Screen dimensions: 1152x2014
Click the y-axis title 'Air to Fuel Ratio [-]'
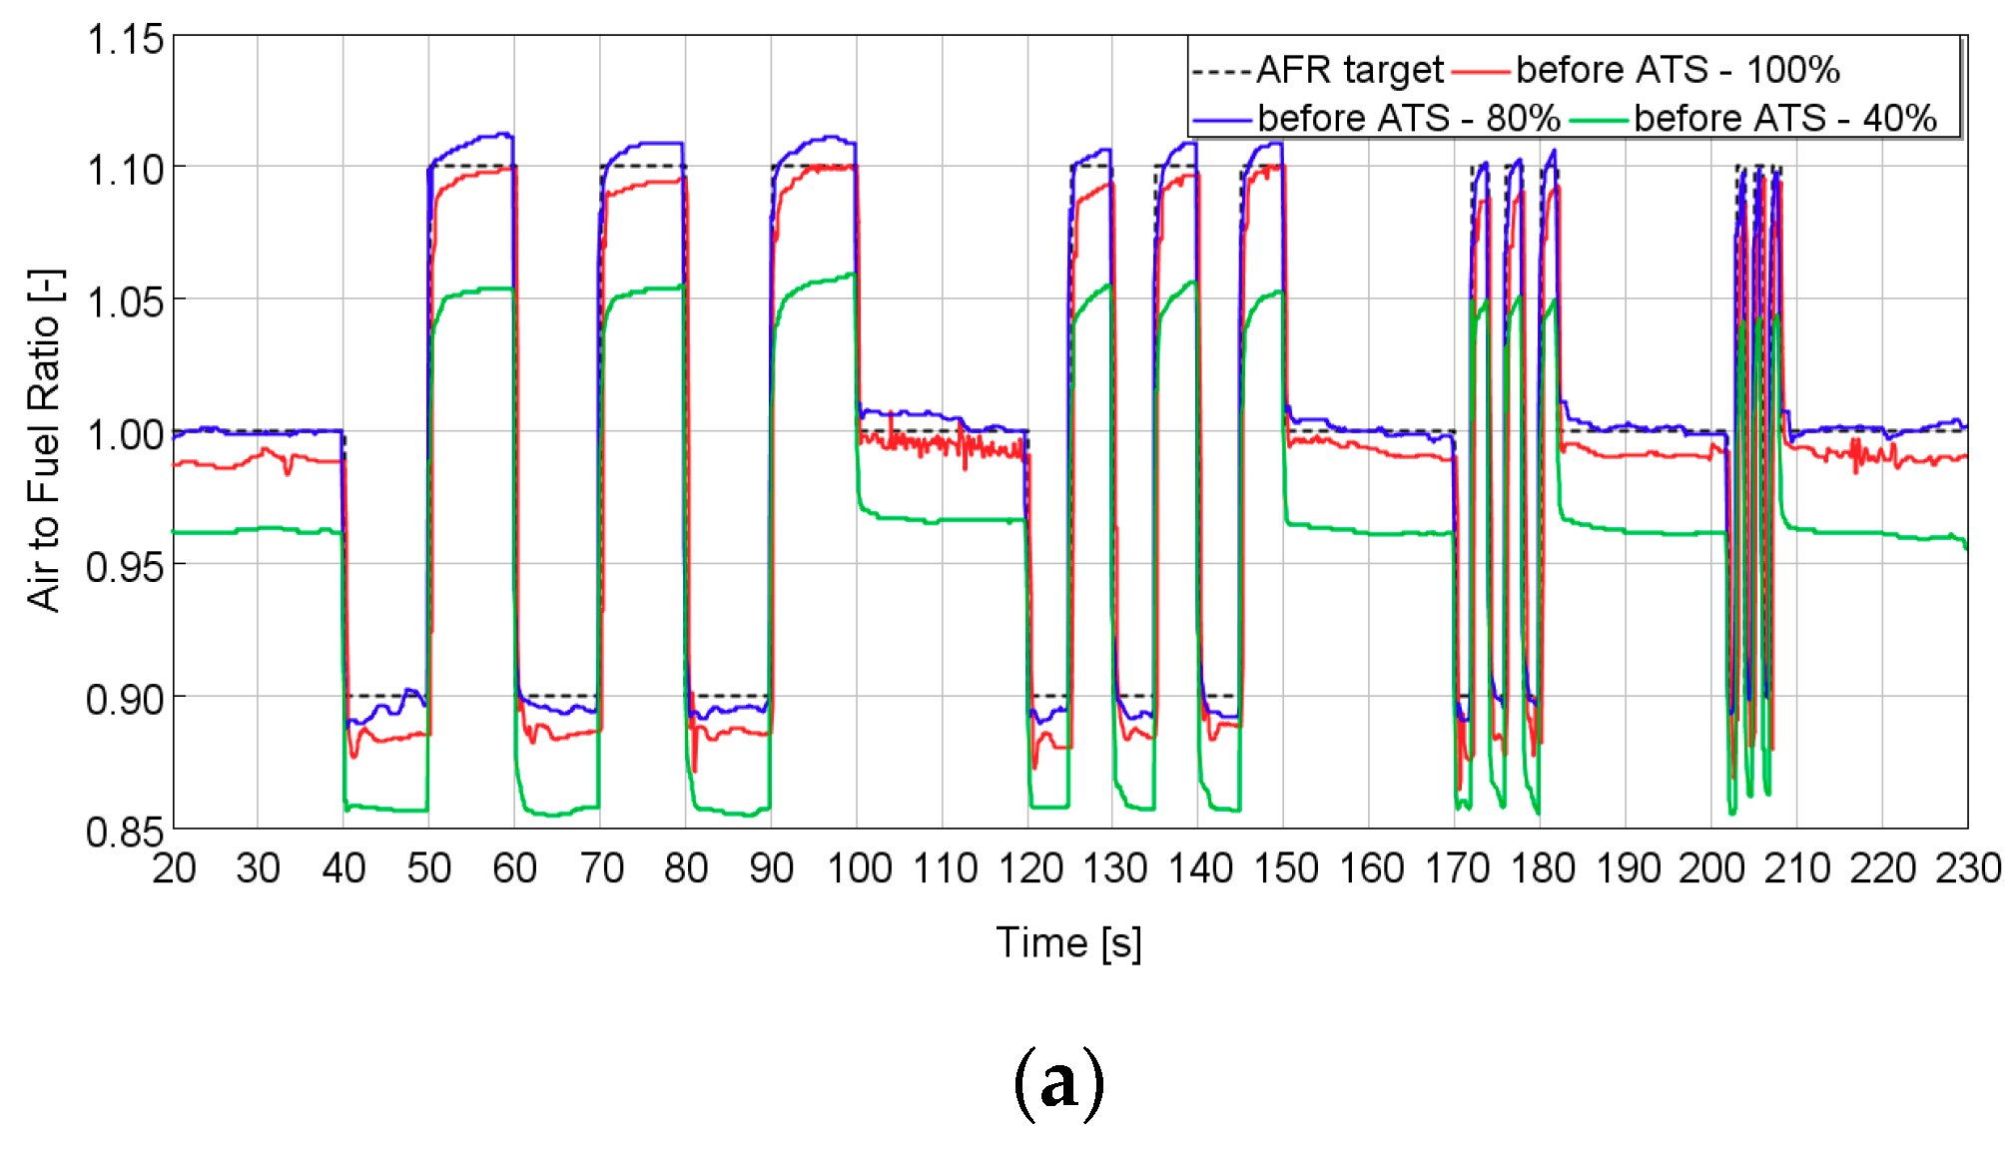pos(45,439)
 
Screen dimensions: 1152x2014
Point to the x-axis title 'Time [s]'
pos(1068,942)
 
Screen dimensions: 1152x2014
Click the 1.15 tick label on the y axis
pos(125,40)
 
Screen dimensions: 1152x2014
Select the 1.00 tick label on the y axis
pos(125,435)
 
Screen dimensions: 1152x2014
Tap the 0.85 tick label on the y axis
pos(125,832)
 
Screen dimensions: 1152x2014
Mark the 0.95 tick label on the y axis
pos(125,567)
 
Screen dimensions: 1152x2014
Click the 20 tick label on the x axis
pos(174,868)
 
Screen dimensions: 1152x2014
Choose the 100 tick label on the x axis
pos(859,868)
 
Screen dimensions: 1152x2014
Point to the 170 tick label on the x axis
pos(1457,868)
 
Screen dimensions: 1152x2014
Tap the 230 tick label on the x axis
pos(1968,868)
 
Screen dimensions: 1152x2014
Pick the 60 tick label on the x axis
pos(515,868)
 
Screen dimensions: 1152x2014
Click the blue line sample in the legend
pos(1222,120)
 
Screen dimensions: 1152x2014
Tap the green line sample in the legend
pos(1600,120)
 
